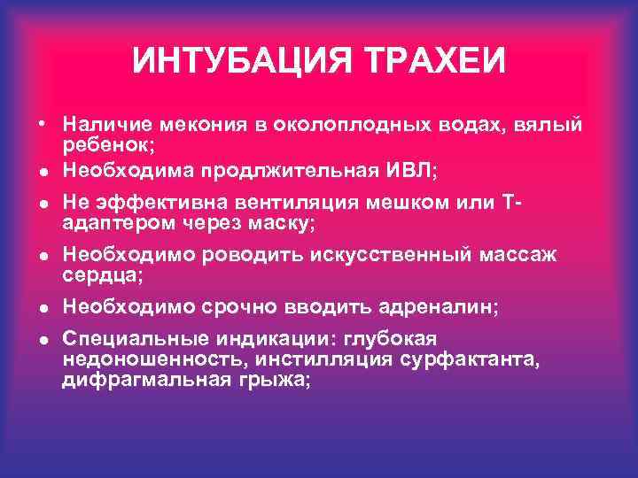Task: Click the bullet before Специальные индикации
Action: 43,341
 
